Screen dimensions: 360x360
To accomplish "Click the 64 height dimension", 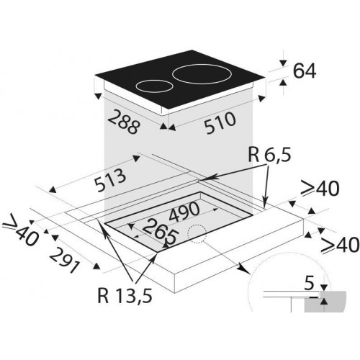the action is coord(305,71).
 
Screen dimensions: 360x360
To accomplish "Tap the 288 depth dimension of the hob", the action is coord(123,122).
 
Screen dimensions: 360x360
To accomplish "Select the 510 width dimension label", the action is coord(220,123).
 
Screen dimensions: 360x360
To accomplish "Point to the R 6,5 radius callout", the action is coord(269,155).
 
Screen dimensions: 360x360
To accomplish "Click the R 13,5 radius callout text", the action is coord(125,295).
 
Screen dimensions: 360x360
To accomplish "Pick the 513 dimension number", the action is coord(110,180).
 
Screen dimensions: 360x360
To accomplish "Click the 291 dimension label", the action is coord(64,261).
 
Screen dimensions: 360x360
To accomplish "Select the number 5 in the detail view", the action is coord(309,283).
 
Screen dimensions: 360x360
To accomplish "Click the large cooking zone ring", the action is coord(202,74).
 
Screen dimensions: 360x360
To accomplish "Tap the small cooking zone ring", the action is coord(154,86).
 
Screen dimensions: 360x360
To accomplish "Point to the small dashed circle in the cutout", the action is coord(197,234).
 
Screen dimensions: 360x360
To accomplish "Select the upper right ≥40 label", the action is coord(320,189).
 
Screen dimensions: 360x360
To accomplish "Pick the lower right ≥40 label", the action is coord(341,245).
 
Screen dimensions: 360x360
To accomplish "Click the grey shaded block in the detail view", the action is coord(325,302).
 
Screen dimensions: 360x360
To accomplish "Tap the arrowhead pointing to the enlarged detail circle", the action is coord(245,269).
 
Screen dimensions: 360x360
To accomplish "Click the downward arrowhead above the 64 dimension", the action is coord(283,63).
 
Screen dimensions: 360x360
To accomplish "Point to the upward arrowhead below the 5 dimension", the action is coord(324,302).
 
